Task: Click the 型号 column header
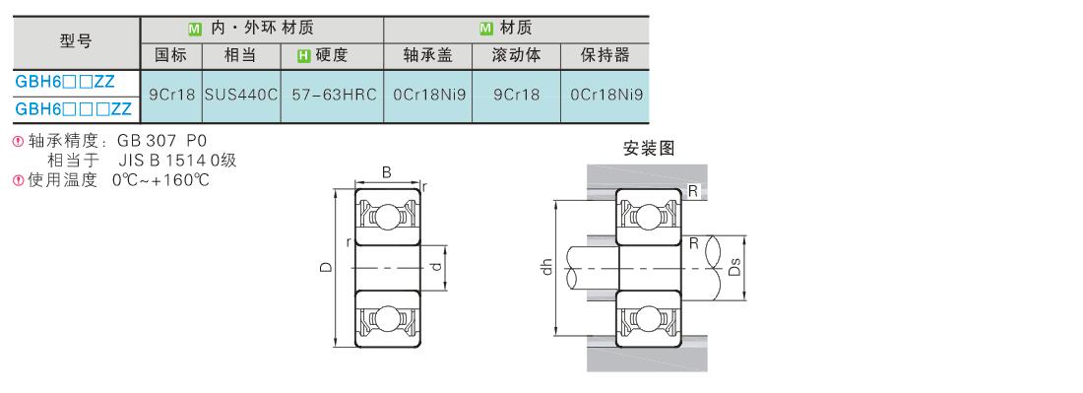click(77, 41)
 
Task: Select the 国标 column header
click(171, 55)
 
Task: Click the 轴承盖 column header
click(427, 55)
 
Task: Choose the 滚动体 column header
click(516, 55)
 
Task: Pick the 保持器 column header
click(605, 55)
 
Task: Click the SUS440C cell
click(241, 95)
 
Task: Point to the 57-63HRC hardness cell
click(334, 95)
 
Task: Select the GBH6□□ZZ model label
click(65, 82)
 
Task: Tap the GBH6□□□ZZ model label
click(73, 109)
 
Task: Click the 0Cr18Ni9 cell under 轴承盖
click(427, 95)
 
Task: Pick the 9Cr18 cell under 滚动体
click(516, 95)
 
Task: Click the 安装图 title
click(648, 148)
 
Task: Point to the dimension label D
click(327, 267)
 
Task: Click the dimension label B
click(387, 173)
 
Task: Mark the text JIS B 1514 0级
click(177, 161)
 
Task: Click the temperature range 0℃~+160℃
click(160, 181)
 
